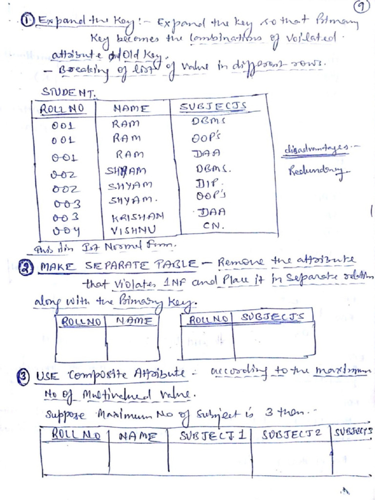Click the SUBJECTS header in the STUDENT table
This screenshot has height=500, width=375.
[213, 106]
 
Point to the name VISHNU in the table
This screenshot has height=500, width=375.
[128, 228]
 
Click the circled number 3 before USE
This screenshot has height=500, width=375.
[28, 376]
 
